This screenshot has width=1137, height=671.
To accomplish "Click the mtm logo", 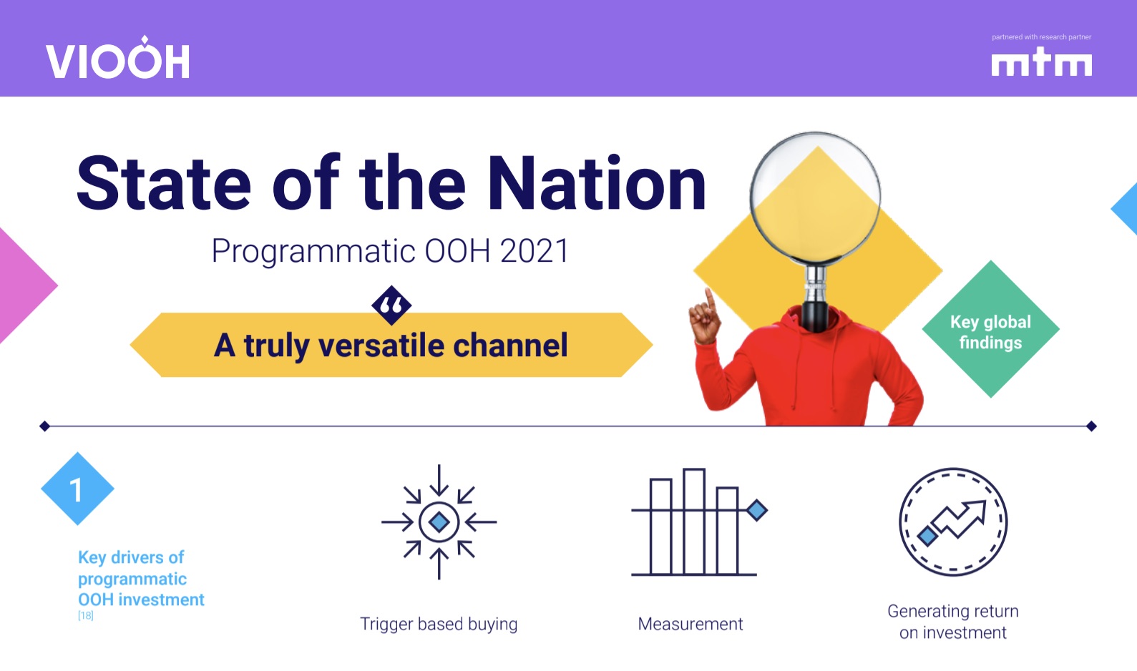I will pos(1041,62).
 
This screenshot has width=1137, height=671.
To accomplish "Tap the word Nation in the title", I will pos(597,184).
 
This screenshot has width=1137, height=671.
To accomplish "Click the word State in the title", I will pos(163,184).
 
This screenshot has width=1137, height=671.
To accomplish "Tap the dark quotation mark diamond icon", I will pos(391,305).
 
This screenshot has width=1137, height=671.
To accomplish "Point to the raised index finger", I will pos(709,299).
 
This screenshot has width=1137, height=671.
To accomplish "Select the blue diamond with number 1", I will pos(77,489).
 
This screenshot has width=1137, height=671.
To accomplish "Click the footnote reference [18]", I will pos(85,616).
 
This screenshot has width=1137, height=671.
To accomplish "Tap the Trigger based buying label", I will pos(439,624).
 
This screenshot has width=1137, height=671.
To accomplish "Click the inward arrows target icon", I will pos(439,522).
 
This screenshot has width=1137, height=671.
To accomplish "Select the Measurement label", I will pos(690,624).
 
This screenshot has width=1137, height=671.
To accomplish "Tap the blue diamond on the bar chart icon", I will pos(756,510).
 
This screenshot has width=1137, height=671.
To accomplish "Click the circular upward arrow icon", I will pos(952,522).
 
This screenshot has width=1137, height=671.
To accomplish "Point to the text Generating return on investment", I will pos(952,622).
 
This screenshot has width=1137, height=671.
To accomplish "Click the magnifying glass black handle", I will pos(814,315).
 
